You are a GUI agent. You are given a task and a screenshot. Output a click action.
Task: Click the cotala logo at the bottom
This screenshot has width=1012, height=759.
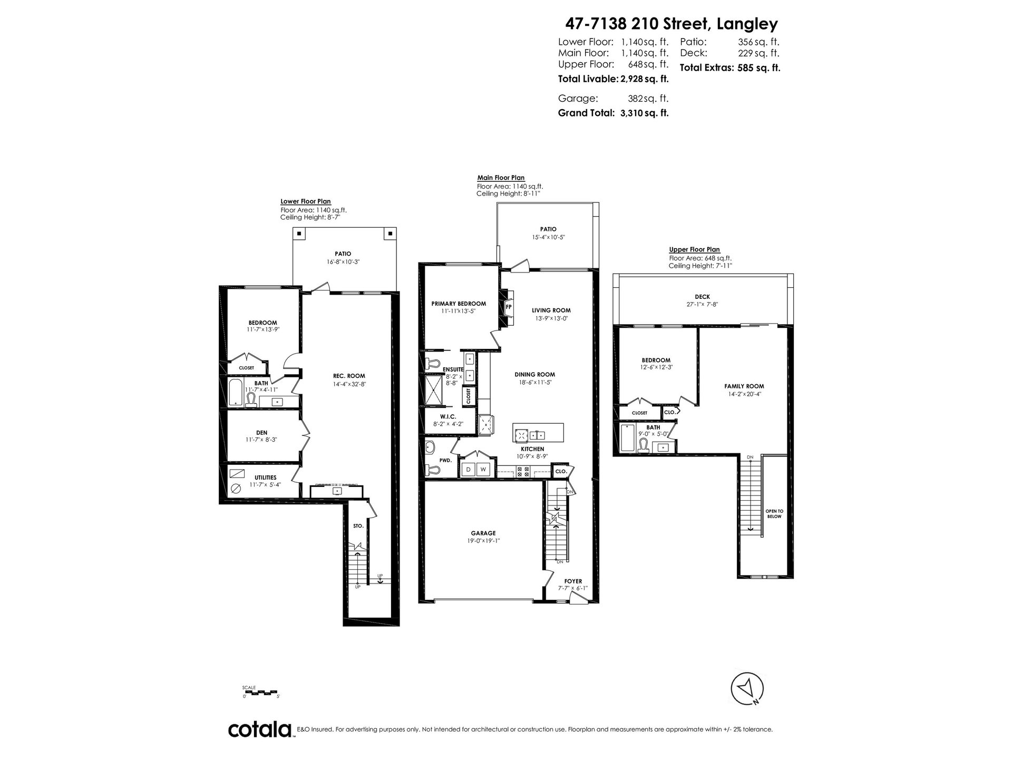[x=260, y=730]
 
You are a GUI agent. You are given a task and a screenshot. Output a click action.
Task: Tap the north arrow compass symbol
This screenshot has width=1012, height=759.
[x=747, y=688]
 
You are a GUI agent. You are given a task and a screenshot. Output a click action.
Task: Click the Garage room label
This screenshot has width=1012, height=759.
[x=483, y=533]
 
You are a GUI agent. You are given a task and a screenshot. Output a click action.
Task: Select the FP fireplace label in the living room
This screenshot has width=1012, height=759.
[x=509, y=306]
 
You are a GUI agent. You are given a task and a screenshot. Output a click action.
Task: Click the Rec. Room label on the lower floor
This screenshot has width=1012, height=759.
[x=349, y=376]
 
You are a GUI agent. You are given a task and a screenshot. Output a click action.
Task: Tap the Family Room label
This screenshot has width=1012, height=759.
[x=744, y=386]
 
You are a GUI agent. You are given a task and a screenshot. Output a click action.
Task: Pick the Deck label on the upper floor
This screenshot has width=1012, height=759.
[x=702, y=297]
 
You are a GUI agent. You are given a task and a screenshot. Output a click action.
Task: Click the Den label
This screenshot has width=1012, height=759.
[x=261, y=433]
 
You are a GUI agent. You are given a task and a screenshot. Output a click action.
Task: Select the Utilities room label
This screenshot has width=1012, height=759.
[x=265, y=478]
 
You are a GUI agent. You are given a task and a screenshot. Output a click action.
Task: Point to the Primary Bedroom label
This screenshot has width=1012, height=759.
[x=459, y=304]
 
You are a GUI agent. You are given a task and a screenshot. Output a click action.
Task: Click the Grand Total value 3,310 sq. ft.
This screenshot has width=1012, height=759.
[x=645, y=113]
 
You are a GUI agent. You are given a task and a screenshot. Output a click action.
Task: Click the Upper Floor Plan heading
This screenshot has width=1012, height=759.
[x=694, y=250]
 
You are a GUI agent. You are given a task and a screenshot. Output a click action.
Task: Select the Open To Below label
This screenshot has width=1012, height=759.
[x=774, y=514]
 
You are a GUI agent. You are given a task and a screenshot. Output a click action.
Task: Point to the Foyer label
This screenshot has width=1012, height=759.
[x=573, y=581]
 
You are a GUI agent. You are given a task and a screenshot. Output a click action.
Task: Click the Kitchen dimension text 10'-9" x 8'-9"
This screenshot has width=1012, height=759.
[x=532, y=456]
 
